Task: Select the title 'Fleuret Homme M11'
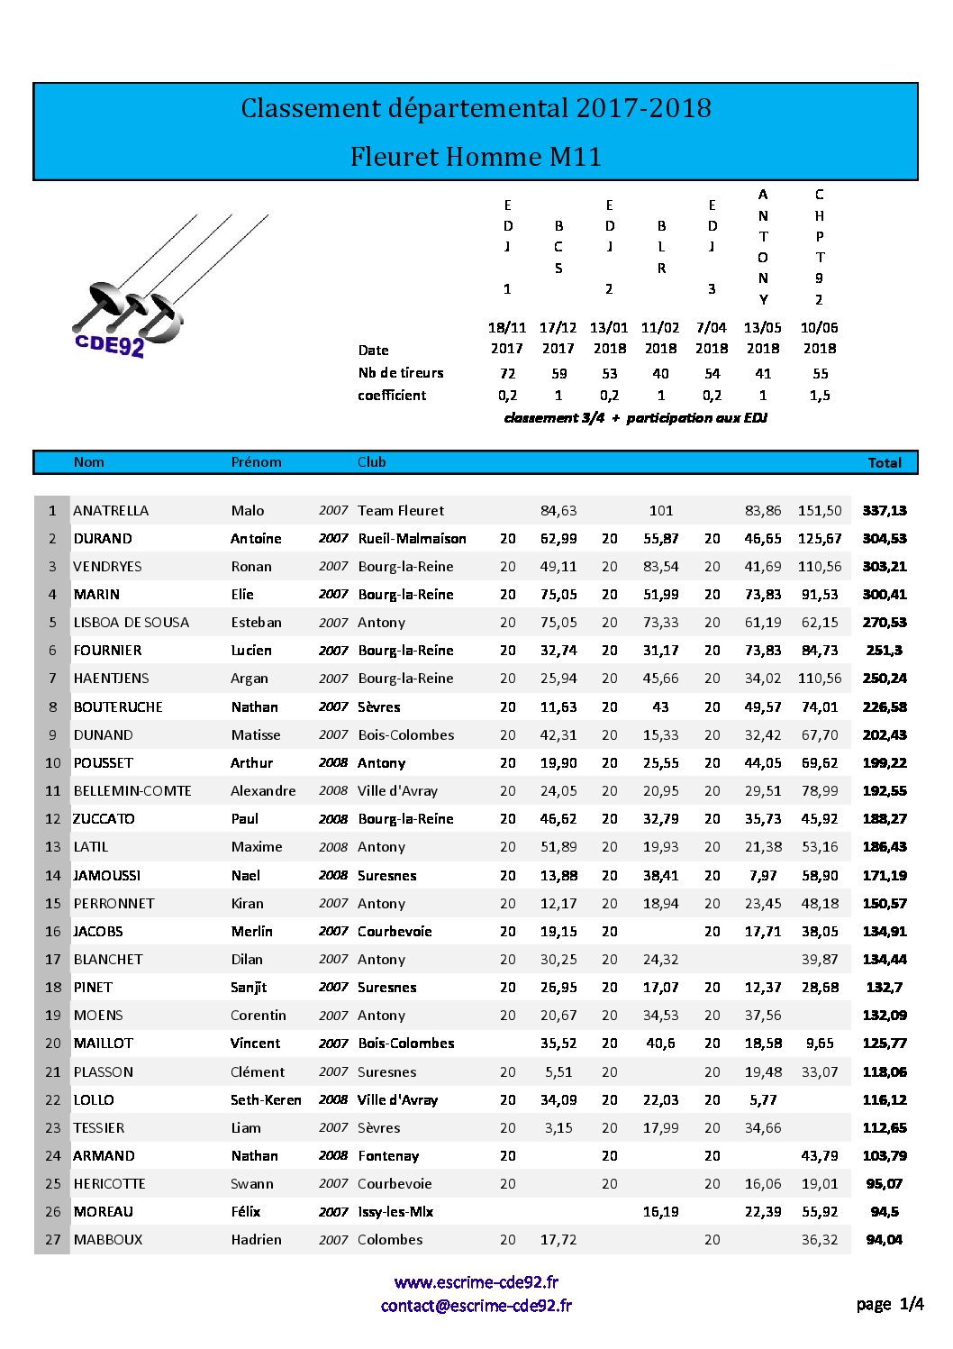click(476, 157)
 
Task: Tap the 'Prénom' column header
click(256, 462)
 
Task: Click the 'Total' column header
click(884, 462)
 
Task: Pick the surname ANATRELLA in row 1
click(111, 511)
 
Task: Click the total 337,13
click(884, 511)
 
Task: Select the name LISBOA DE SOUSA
click(132, 623)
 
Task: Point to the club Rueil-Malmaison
click(412, 539)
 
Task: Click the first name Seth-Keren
click(266, 1100)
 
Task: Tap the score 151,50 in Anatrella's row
click(820, 511)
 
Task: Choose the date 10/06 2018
click(819, 338)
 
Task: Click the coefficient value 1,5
click(820, 396)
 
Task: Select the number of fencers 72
click(507, 373)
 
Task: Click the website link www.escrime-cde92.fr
click(476, 1281)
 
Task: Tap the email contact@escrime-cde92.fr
click(476, 1305)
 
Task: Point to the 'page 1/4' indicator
click(889, 1304)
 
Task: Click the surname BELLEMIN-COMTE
click(132, 791)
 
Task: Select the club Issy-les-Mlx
click(395, 1212)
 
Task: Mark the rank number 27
click(53, 1240)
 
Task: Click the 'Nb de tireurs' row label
click(400, 373)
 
